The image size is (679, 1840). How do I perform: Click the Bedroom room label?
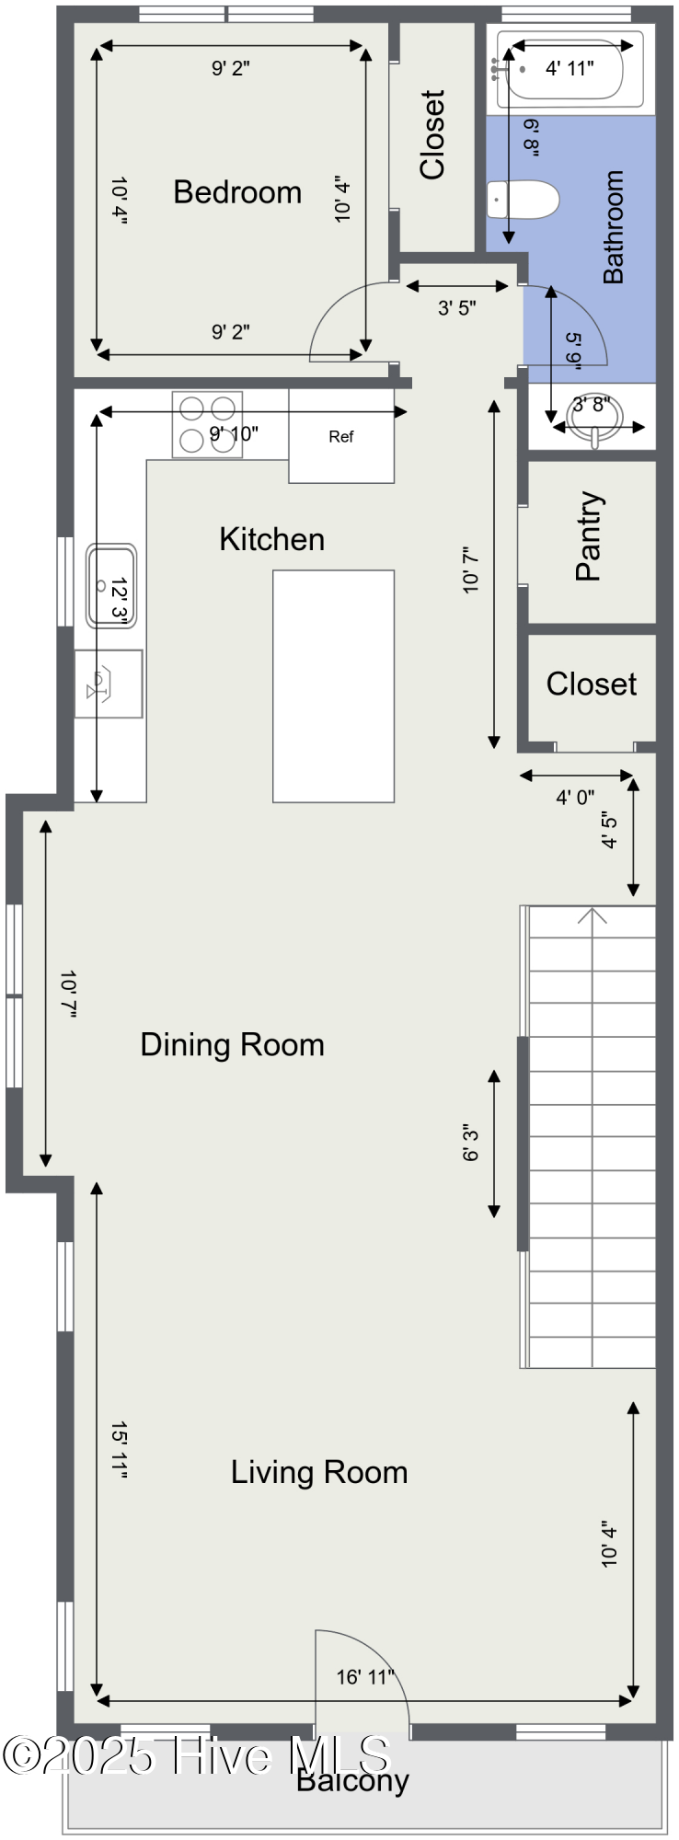(237, 191)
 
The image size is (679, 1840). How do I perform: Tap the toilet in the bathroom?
(523, 200)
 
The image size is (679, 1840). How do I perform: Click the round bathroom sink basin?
(595, 419)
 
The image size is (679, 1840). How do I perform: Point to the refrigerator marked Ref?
(341, 436)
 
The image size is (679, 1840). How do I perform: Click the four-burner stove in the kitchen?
(207, 424)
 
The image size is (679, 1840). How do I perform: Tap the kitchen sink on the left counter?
(111, 586)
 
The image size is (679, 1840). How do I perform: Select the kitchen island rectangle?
(333, 686)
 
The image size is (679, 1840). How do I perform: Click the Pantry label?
(589, 535)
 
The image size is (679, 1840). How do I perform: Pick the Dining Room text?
(232, 1045)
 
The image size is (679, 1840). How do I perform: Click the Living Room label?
(318, 1472)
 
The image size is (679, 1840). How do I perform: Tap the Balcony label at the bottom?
(352, 1781)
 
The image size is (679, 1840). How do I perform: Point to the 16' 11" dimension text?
(365, 1677)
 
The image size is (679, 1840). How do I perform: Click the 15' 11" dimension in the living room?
(119, 1450)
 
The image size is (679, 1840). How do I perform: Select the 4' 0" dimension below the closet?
(575, 797)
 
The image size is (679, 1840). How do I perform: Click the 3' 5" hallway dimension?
(456, 308)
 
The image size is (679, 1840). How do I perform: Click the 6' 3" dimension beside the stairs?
(471, 1143)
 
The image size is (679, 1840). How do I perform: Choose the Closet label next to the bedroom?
(432, 134)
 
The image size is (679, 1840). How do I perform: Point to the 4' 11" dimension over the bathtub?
(570, 67)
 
